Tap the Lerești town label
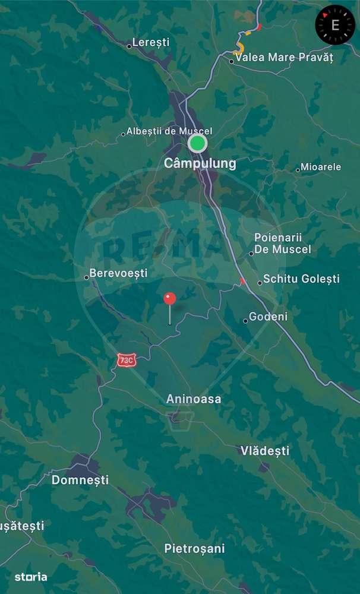coord(151,43)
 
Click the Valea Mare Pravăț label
coord(284,58)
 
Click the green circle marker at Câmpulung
coord(197,143)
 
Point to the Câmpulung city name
coord(200,163)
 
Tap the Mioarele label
coord(321,167)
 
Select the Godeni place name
coord(268,317)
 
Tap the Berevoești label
coord(118,274)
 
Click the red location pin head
coord(170,299)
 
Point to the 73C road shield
coord(126,360)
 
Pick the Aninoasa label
coord(194,399)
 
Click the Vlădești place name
coord(265,451)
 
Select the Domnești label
coord(80,480)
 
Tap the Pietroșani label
coord(194,549)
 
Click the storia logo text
coord(31,576)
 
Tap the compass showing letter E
coord(335,25)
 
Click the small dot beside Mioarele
coord(298,170)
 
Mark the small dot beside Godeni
coord(245,321)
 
